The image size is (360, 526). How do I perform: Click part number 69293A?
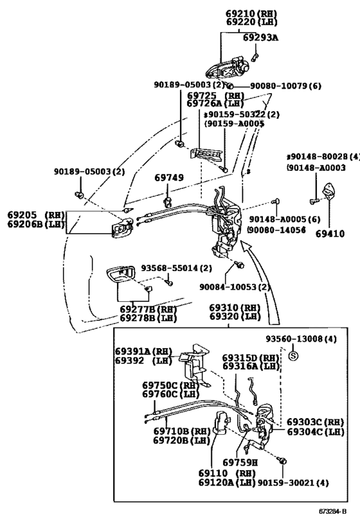pos(260,37)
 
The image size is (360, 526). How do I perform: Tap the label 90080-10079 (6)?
pos(285,86)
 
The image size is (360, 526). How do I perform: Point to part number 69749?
pos(169,177)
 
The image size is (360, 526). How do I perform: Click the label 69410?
pos(330,234)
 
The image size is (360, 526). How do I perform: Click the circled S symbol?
pos(293,356)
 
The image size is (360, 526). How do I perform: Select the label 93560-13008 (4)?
pos(301,339)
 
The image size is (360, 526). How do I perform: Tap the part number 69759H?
pos(240,462)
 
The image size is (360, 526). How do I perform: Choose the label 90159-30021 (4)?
pos(293,483)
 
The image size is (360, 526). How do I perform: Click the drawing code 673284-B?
pos(332,512)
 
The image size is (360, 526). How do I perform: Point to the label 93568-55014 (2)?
pos(176,268)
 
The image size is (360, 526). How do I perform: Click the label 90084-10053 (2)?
pos(235,287)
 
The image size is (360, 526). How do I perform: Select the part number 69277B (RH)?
pos(148,309)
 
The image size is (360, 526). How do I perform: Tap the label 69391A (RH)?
pos(143,351)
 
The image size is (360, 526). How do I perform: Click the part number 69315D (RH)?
pos(251,358)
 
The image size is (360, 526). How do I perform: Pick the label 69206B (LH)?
pos(35,224)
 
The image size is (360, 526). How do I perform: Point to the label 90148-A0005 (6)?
pos(284,220)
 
